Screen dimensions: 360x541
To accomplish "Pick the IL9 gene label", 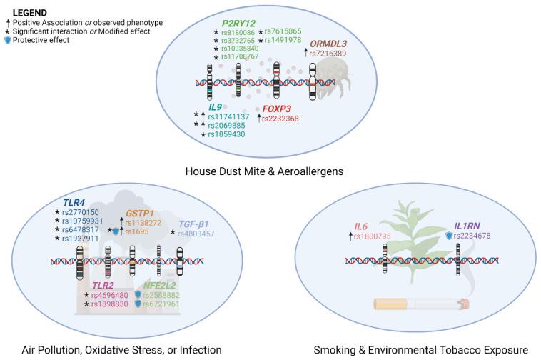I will tap(215, 106).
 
